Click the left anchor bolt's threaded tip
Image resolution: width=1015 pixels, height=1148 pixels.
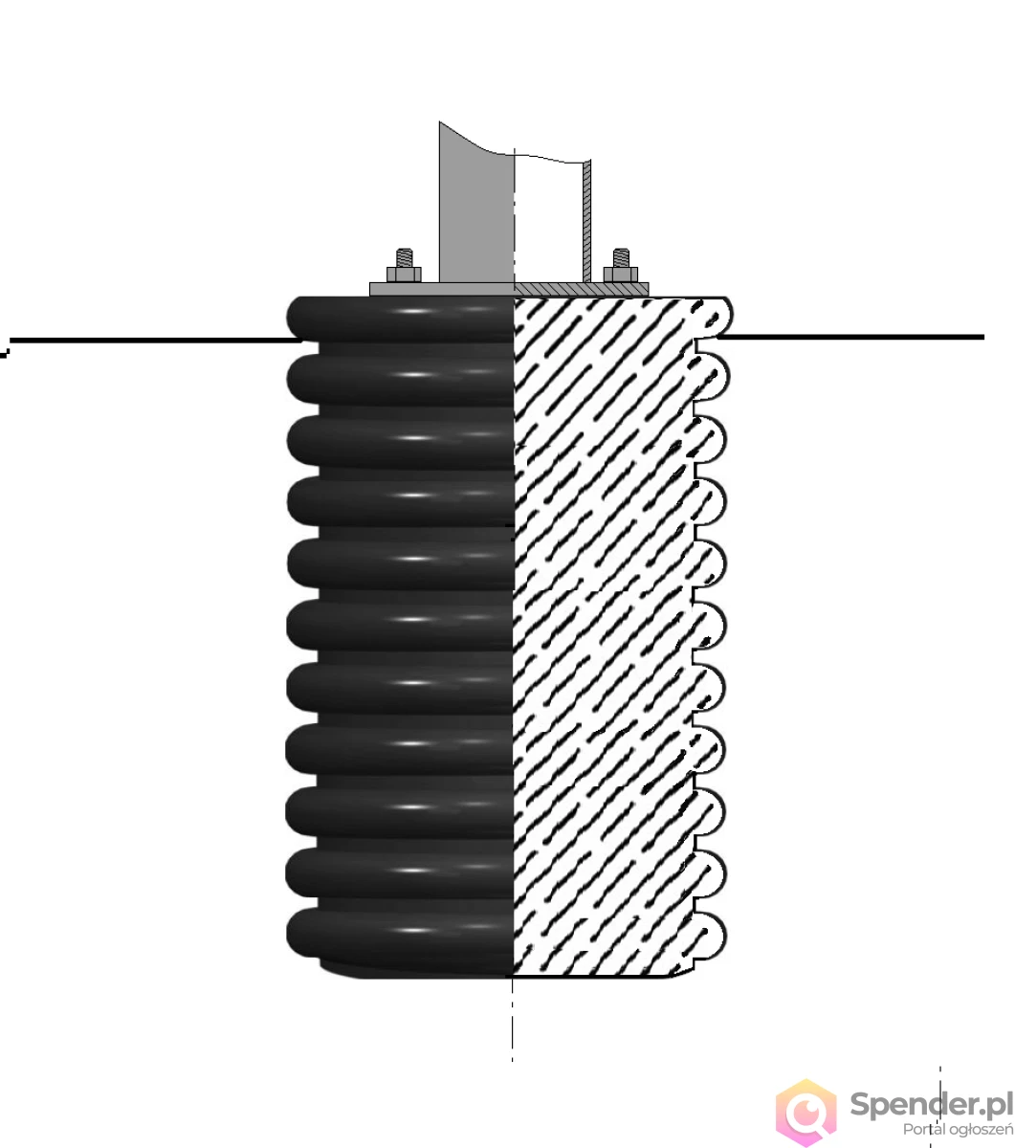click(x=404, y=257)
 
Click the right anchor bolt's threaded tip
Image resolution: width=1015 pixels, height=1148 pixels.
click(x=621, y=257)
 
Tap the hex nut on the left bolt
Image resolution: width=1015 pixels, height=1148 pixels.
click(x=404, y=275)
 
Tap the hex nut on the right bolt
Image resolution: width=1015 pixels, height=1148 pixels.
click(x=621, y=275)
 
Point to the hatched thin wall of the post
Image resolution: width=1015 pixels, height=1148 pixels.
click(x=587, y=221)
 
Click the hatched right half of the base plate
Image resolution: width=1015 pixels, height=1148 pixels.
click(x=582, y=290)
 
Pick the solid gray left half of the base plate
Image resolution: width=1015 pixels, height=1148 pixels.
click(x=442, y=290)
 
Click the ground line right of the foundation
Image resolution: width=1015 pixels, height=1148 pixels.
click(x=851, y=337)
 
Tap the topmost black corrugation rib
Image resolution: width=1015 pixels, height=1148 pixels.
click(x=400, y=319)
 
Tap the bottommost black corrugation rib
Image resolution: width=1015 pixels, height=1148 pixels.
click(x=400, y=934)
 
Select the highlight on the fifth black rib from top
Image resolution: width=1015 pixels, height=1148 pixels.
click(x=413, y=559)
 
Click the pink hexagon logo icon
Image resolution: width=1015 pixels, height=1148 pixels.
click(x=805, y=1113)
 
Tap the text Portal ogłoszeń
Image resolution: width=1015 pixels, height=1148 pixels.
click(x=958, y=1129)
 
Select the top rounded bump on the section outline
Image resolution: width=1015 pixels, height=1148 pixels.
click(x=714, y=318)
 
